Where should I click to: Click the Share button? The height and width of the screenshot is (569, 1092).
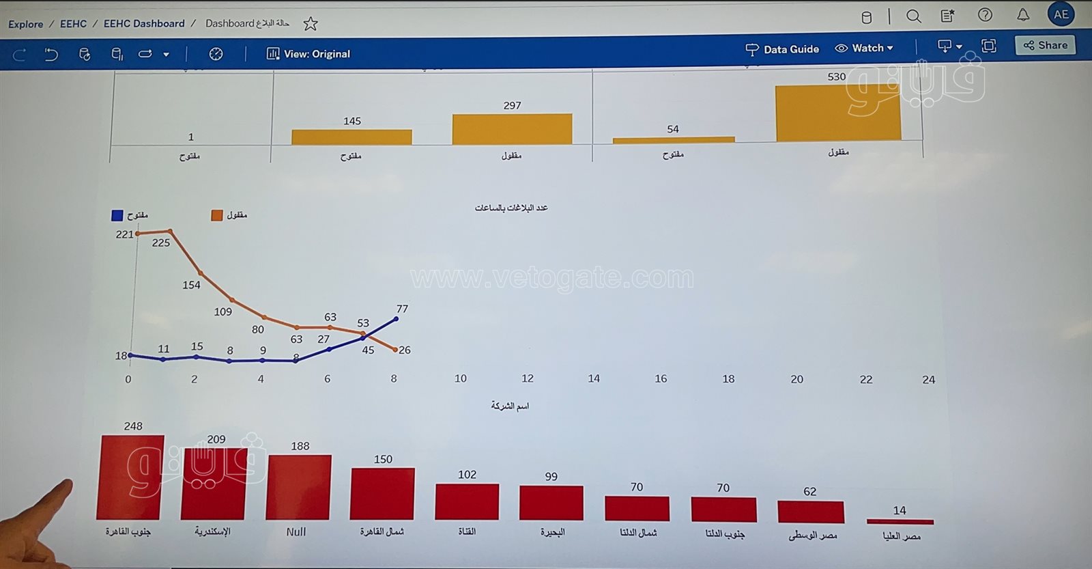(x=1045, y=46)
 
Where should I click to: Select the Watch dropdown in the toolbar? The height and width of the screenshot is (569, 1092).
(x=864, y=48)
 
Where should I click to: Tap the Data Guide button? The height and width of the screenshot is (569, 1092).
(x=782, y=49)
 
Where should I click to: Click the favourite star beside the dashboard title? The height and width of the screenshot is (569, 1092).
(x=311, y=24)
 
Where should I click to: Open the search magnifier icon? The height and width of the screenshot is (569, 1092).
(x=913, y=16)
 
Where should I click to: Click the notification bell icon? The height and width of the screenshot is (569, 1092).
(x=1022, y=15)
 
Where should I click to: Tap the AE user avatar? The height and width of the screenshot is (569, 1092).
(x=1061, y=14)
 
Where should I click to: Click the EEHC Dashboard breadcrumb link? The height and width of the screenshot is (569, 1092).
(x=144, y=24)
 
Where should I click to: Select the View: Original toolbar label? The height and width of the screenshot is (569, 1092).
(x=308, y=54)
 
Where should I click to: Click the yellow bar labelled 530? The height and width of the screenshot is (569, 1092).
(x=838, y=113)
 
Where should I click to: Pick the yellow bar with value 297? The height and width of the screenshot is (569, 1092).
(x=512, y=129)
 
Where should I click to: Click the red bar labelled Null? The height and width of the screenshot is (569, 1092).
(x=299, y=487)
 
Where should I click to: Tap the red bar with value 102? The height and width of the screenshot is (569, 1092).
(x=467, y=501)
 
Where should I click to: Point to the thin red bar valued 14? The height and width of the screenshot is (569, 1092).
(x=900, y=522)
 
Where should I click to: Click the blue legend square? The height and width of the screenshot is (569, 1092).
(x=117, y=215)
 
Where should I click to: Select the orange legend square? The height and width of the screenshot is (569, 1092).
(x=217, y=215)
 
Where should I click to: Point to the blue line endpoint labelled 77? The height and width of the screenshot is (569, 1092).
(x=396, y=319)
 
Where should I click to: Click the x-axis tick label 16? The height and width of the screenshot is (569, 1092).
(x=661, y=378)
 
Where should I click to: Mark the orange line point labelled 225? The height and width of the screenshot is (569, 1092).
(x=170, y=232)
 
